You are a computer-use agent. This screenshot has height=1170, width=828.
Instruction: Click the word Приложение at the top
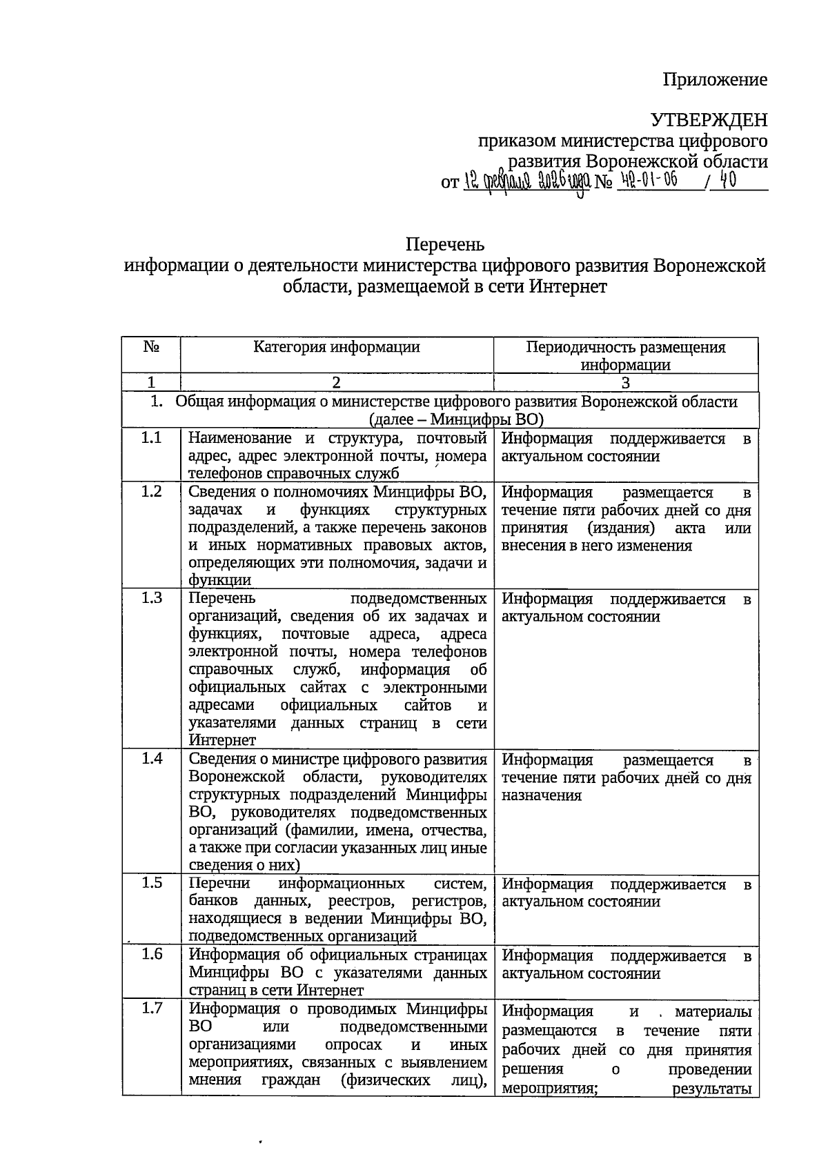[x=715, y=80]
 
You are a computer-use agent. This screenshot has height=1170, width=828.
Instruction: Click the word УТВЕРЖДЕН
[x=709, y=121]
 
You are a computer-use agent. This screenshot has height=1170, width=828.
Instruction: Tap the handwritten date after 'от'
[x=527, y=182]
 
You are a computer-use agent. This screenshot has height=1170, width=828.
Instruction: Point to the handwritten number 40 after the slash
[x=727, y=181]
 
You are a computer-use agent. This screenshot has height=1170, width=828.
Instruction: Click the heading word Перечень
[x=444, y=245]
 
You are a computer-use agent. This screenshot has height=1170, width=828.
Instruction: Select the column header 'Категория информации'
[x=336, y=347]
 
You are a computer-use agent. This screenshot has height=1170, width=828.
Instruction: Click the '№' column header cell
[x=151, y=347]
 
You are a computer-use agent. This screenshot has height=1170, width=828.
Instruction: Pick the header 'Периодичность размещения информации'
[x=625, y=355]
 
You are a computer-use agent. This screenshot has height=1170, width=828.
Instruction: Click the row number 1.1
[x=151, y=437]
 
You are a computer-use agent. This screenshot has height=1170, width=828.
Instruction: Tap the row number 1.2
[x=151, y=491]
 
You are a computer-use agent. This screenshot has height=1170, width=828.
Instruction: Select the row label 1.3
[x=151, y=597]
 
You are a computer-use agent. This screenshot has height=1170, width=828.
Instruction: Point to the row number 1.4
[x=151, y=759]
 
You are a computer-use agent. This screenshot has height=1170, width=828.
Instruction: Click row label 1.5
[x=151, y=883]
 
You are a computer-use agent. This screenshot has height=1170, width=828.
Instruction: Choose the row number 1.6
[x=151, y=954]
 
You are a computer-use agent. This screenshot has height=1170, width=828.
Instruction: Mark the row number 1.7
[x=151, y=1009]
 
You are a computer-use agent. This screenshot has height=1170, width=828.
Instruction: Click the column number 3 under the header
[x=625, y=383]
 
